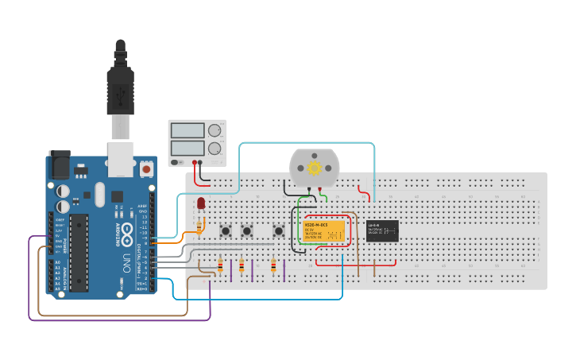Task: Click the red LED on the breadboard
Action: tap(201, 203)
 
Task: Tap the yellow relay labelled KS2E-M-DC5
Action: tap(324, 230)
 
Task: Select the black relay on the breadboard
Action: tap(382, 230)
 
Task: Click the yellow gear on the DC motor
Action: tap(315, 168)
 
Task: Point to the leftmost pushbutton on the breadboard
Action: tap(226, 230)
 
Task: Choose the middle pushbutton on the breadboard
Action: tap(247, 230)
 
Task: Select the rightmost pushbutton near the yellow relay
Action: tap(279, 230)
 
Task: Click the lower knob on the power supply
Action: tap(214, 148)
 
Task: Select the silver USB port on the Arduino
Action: tap(121, 159)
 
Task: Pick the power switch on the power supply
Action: tap(176, 162)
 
